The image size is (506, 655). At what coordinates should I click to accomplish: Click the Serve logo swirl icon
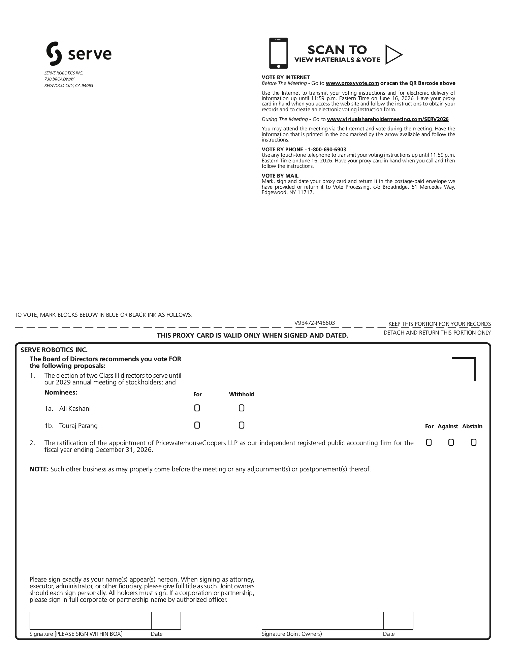(x=54, y=54)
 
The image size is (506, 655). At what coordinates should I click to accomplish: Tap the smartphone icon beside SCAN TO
(x=278, y=53)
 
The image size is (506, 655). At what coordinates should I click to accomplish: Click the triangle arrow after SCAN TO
(x=393, y=54)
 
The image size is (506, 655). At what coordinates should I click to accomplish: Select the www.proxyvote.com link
(x=352, y=83)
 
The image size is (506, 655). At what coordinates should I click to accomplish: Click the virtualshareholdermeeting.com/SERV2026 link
(x=388, y=119)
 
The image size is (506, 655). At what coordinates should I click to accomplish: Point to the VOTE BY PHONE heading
(x=304, y=149)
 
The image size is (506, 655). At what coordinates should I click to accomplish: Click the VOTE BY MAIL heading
(x=280, y=176)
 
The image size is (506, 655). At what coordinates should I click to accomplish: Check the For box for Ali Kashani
(x=197, y=408)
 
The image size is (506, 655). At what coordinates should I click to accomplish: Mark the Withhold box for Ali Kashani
(x=241, y=408)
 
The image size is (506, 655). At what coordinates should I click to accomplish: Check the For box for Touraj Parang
(x=197, y=425)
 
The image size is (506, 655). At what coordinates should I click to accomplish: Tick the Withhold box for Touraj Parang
(x=241, y=425)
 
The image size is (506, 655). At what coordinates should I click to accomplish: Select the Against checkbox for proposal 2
(x=451, y=442)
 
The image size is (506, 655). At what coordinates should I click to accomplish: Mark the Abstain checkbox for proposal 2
(x=473, y=442)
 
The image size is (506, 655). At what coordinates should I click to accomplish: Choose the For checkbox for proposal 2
(x=429, y=442)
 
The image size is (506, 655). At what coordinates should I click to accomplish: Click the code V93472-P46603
(x=315, y=323)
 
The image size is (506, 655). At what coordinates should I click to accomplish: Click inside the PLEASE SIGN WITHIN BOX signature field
(x=90, y=621)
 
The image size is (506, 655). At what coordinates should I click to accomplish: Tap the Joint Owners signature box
(x=322, y=621)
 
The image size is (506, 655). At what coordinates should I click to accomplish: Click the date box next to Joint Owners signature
(x=398, y=621)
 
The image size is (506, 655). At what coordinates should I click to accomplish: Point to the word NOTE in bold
(x=39, y=469)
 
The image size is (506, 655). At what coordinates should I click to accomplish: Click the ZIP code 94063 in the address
(x=87, y=86)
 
